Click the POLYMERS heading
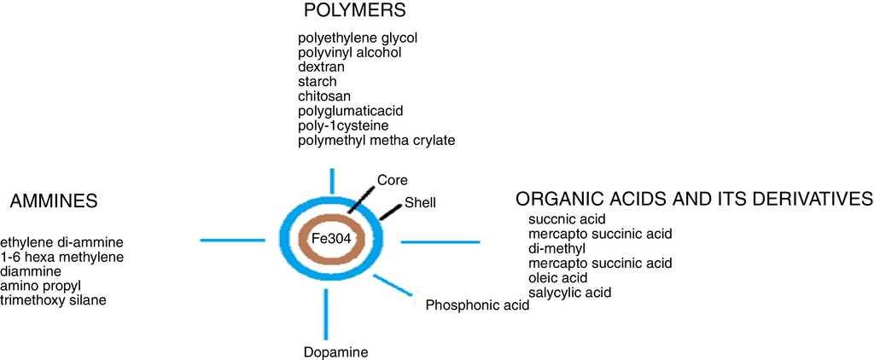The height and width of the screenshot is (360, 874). tap(354, 11)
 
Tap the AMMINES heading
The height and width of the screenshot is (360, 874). tap(54, 201)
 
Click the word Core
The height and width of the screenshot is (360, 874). tap(392, 180)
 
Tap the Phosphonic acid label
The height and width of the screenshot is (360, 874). tap(477, 305)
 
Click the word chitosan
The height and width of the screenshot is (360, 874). tap(324, 96)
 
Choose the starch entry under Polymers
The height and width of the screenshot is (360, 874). tap(318, 81)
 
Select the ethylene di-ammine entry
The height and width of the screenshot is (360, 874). tap(62, 242)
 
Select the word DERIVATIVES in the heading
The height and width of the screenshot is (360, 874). tap(806, 199)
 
